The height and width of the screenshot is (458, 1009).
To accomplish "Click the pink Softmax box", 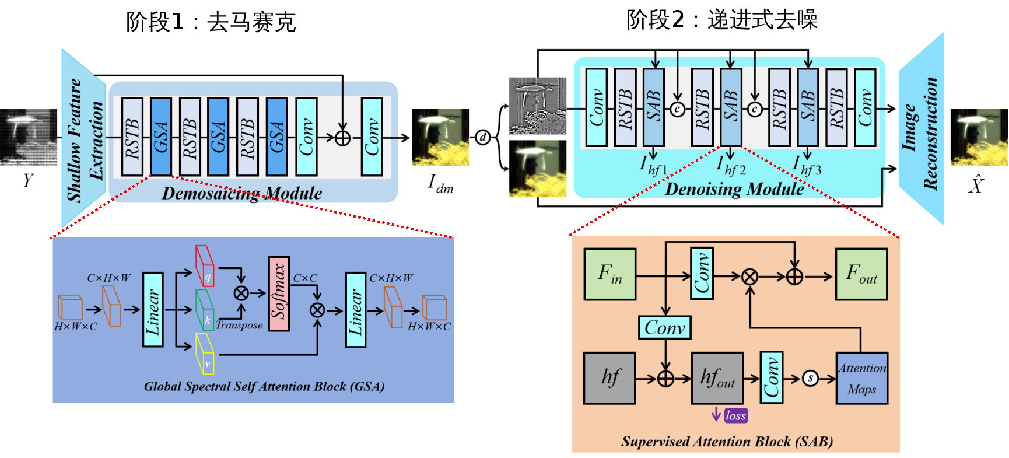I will (x=279, y=293).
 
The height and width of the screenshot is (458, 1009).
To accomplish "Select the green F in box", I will (x=610, y=274).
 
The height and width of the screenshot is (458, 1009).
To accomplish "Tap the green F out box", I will (x=861, y=274).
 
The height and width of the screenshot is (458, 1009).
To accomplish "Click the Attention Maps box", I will (x=861, y=378).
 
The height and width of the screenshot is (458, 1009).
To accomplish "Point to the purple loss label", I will (x=735, y=415).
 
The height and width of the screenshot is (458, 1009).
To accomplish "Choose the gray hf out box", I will (x=717, y=378).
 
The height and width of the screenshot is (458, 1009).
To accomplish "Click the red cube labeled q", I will (x=205, y=266).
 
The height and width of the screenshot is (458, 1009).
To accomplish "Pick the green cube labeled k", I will (x=205, y=310).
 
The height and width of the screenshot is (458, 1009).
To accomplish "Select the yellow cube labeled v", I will (x=205, y=354).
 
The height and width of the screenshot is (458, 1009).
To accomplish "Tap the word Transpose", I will (x=239, y=325).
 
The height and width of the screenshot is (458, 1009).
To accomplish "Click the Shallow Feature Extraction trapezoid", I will (x=84, y=139).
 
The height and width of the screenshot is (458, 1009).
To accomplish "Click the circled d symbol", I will (x=484, y=137).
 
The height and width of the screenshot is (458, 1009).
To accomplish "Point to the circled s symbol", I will (x=810, y=379).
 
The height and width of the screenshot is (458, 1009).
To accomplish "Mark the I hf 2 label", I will (x=731, y=166).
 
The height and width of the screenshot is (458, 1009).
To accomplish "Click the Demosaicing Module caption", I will (x=241, y=193).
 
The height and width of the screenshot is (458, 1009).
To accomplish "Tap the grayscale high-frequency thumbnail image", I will (x=538, y=106).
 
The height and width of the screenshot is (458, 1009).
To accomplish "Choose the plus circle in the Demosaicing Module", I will (x=343, y=138).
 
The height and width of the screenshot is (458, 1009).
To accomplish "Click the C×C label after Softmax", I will (x=305, y=278).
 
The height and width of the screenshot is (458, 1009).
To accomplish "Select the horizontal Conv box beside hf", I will (x=665, y=327).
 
